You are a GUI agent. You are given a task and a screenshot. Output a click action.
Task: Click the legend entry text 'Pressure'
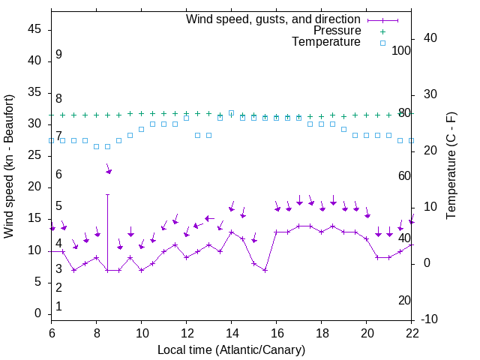(x=337, y=31)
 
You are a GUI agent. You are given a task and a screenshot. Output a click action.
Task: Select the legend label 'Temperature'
(x=326, y=42)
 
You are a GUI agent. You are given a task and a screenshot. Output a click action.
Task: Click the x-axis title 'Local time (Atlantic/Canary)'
(x=232, y=349)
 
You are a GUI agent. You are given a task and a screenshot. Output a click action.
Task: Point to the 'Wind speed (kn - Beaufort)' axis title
(x=9, y=166)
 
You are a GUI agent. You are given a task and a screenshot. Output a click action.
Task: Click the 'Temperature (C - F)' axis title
(x=451, y=166)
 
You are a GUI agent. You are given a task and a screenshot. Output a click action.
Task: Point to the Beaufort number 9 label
(x=58, y=55)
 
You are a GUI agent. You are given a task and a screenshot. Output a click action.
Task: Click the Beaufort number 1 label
(x=58, y=306)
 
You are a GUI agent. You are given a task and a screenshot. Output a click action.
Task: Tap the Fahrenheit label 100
(x=402, y=50)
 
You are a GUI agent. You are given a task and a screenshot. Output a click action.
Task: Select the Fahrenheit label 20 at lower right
(x=405, y=300)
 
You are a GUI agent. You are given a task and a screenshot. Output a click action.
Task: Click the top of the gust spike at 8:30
(x=108, y=194)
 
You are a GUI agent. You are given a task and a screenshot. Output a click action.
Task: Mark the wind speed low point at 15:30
(x=265, y=270)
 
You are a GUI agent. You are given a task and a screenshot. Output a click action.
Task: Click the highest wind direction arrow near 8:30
(x=109, y=172)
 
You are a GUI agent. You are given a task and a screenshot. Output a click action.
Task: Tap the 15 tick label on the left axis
(x=34, y=218)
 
